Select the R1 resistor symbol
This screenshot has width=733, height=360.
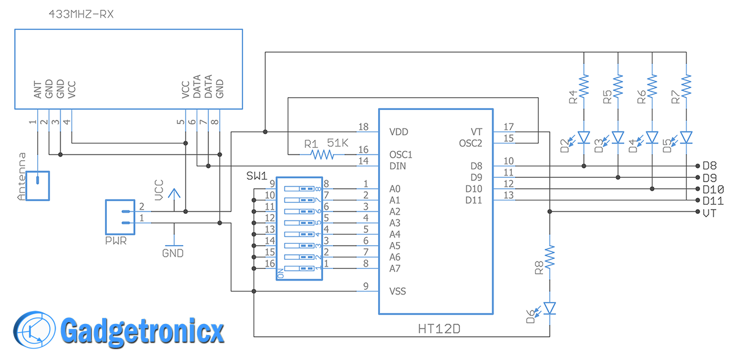pyautogui.click(x=323, y=155)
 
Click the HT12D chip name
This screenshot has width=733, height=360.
pyautogui.click(x=439, y=329)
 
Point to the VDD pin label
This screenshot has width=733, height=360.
pyautogui.click(x=398, y=132)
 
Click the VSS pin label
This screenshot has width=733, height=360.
pyautogui.click(x=398, y=292)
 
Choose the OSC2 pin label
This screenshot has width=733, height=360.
pyautogui.click(x=471, y=143)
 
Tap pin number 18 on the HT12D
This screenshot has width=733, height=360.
pyautogui.click(x=363, y=127)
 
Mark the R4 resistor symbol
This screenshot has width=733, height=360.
pyautogui.click(x=584, y=86)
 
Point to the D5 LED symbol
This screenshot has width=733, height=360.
pyautogui.click(x=687, y=137)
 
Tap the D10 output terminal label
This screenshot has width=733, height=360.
pyautogui.click(x=713, y=189)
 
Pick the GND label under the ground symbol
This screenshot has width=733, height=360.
pyautogui.click(x=173, y=252)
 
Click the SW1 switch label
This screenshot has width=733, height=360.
pyautogui.click(x=257, y=176)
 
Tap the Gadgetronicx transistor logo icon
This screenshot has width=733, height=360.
pyautogui.click(x=34, y=331)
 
